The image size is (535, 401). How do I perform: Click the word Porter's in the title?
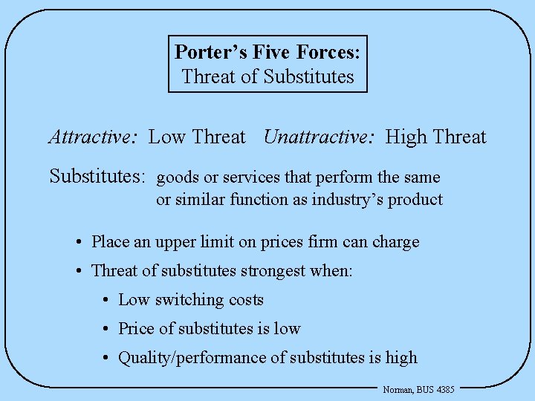(204, 52)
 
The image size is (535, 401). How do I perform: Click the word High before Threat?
(406, 137)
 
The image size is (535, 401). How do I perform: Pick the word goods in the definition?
(175, 178)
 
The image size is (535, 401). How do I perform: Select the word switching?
(186, 300)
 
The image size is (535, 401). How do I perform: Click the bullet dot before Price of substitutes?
(107, 329)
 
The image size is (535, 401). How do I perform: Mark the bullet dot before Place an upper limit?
(79, 242)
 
